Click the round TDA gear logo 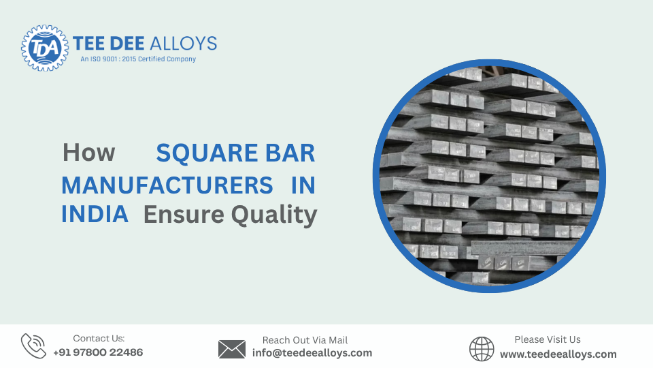[x=45, y=48]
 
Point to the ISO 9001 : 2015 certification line [x=138, y=59]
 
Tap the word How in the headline [x=88, y=153]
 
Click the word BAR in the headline [x=289, y=153]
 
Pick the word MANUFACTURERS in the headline [x=167, y=185]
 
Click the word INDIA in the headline [x=95, y=215]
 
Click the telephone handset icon [x=33, y=346]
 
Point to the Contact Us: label [x=99, y=338]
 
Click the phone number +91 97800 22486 [x=98, y=352]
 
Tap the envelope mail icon [x=231, y=349]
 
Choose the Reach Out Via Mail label [x=305, y=339]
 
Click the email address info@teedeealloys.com [x=312, y=353]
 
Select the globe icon [x=482, y=349]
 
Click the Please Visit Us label [x=548, y=339]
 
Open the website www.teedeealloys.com [x=558, y=354]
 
